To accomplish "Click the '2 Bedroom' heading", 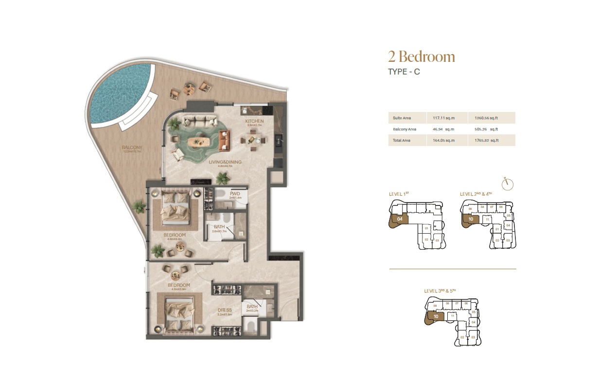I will [x=421, y=56].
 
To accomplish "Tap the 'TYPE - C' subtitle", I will [x=404, y=72].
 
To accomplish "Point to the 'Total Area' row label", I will [x=402, y=141].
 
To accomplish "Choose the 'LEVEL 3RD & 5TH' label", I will [x=440, y=291].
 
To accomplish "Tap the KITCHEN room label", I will [x=254, y=121].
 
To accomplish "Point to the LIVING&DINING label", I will [x=225, y=163].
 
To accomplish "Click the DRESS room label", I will [x=225, y=310].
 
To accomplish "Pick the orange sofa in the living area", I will [x=224, y=140].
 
